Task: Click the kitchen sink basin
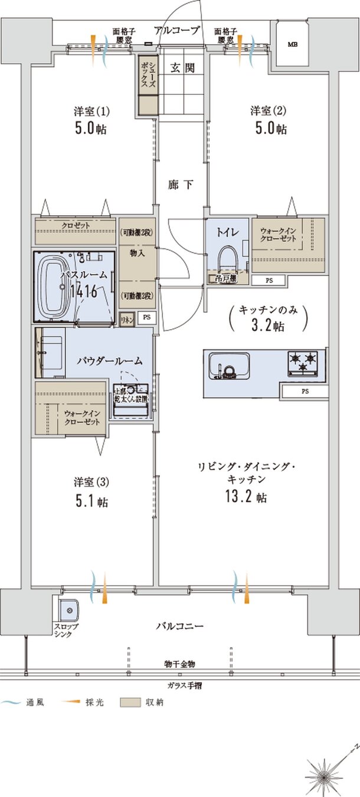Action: [x=231, y=366]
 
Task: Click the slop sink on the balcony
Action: [x=68, y=609]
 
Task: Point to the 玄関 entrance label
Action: [x=184, y=68]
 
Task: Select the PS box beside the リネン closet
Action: [x=146, y=317]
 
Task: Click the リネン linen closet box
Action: [x=126, y=317]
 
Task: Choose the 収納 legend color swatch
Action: [x=130, y=703]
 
